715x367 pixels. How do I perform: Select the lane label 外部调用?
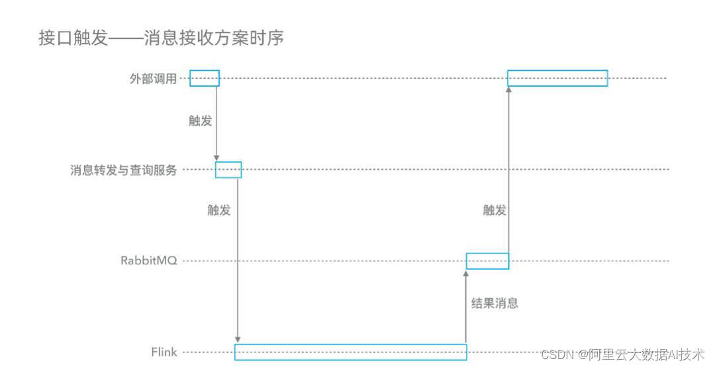point(153,79)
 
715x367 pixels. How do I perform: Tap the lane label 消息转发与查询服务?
point(124,170)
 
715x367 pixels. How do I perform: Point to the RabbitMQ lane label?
point(148,261)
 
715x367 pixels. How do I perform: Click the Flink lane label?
point(164,352)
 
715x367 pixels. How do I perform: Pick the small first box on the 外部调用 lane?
point(205,78)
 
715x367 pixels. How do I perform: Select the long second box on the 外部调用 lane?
point(557,78)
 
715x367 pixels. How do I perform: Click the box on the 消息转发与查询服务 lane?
point(228,169)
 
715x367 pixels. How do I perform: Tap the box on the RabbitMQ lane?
point(487,261)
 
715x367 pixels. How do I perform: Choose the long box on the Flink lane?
point(351,352)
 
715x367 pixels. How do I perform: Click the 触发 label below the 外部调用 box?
point(201,121)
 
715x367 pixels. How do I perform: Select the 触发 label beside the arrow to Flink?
point(219,210)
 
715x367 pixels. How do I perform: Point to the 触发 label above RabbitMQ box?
point(495,210)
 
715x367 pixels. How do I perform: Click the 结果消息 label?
point(494,303)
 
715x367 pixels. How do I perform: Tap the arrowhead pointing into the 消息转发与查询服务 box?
point(216,157)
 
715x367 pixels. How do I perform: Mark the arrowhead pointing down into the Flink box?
point(238,340)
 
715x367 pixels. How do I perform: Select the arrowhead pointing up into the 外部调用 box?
point(508,91)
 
